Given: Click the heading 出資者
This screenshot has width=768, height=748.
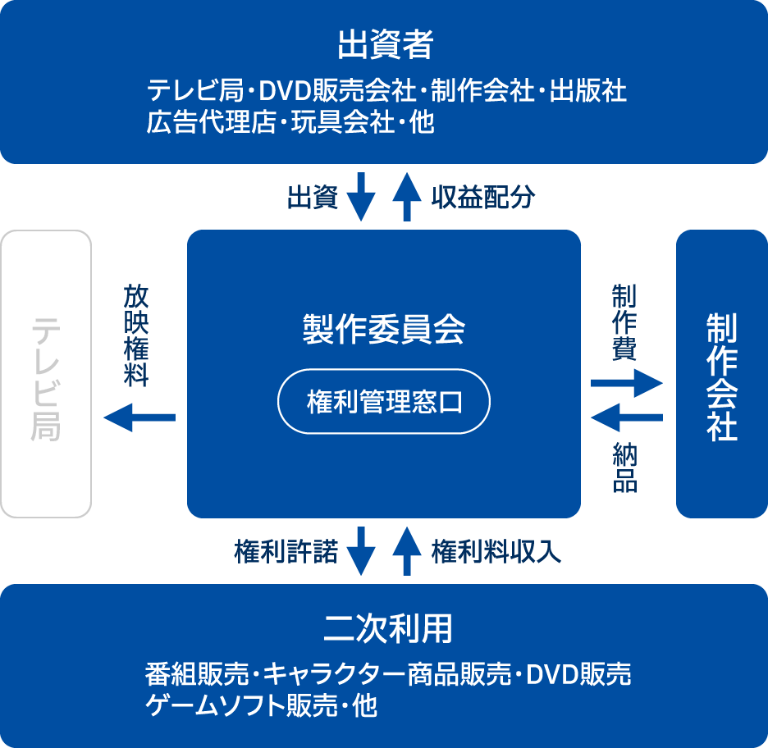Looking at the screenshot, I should coord(384,45).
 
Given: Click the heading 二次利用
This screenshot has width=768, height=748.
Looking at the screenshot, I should coord(384,630).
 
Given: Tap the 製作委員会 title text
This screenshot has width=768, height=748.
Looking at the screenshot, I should coord(384,329).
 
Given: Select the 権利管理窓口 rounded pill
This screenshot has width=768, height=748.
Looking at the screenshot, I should coord(384,403).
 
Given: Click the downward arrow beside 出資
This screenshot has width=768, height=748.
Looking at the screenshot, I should coord(361,196).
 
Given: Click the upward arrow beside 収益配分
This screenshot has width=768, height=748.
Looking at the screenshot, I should coord(406,196).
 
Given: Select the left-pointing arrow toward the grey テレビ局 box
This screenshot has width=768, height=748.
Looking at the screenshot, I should coord(139,417).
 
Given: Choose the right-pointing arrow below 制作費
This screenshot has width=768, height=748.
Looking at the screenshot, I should coord(626,382).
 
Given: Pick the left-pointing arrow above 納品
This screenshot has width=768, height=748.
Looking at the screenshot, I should coord(626,418).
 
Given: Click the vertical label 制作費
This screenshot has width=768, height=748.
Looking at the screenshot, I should coord(624,322).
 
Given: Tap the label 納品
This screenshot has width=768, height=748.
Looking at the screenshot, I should coord(624,467).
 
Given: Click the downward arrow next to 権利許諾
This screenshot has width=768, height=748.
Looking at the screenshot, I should coord(361,551).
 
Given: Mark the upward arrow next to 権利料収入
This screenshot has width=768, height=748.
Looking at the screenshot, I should coord(406,551).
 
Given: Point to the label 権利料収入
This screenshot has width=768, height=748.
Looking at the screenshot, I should coord(496,551).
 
